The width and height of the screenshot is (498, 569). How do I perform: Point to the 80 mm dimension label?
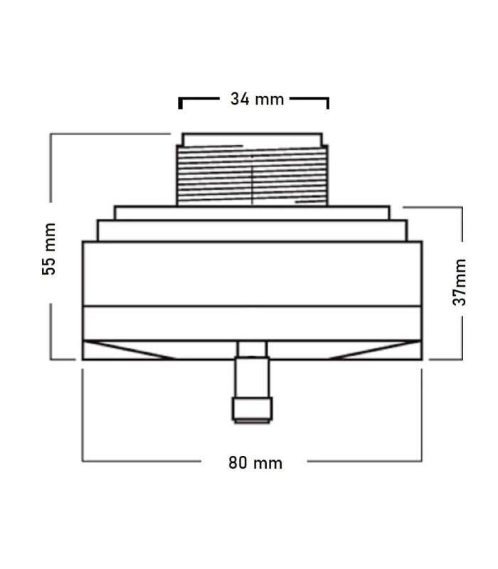coord(255,463)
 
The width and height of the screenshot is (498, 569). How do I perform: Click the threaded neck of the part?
coord(213,175)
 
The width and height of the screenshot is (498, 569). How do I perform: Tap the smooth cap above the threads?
coord(253,139)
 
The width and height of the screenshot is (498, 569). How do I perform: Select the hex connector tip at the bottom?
coord(252,409)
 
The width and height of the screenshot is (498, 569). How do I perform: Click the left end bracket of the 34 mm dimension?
coord(180,102)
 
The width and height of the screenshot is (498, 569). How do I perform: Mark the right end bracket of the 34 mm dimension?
coord(327,102)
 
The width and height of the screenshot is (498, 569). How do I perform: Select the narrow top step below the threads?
coord(252,213)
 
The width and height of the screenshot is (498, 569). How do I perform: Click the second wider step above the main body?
coord(252,231)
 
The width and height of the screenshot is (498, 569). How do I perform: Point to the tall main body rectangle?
coord(252,274)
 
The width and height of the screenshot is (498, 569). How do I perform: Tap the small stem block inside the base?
coord(252,349)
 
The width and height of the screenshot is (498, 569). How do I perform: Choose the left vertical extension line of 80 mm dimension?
coord(83,413)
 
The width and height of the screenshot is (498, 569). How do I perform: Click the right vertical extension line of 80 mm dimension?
coord(421,413)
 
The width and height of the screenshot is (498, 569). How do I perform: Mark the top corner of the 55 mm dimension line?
coord(51,134)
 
